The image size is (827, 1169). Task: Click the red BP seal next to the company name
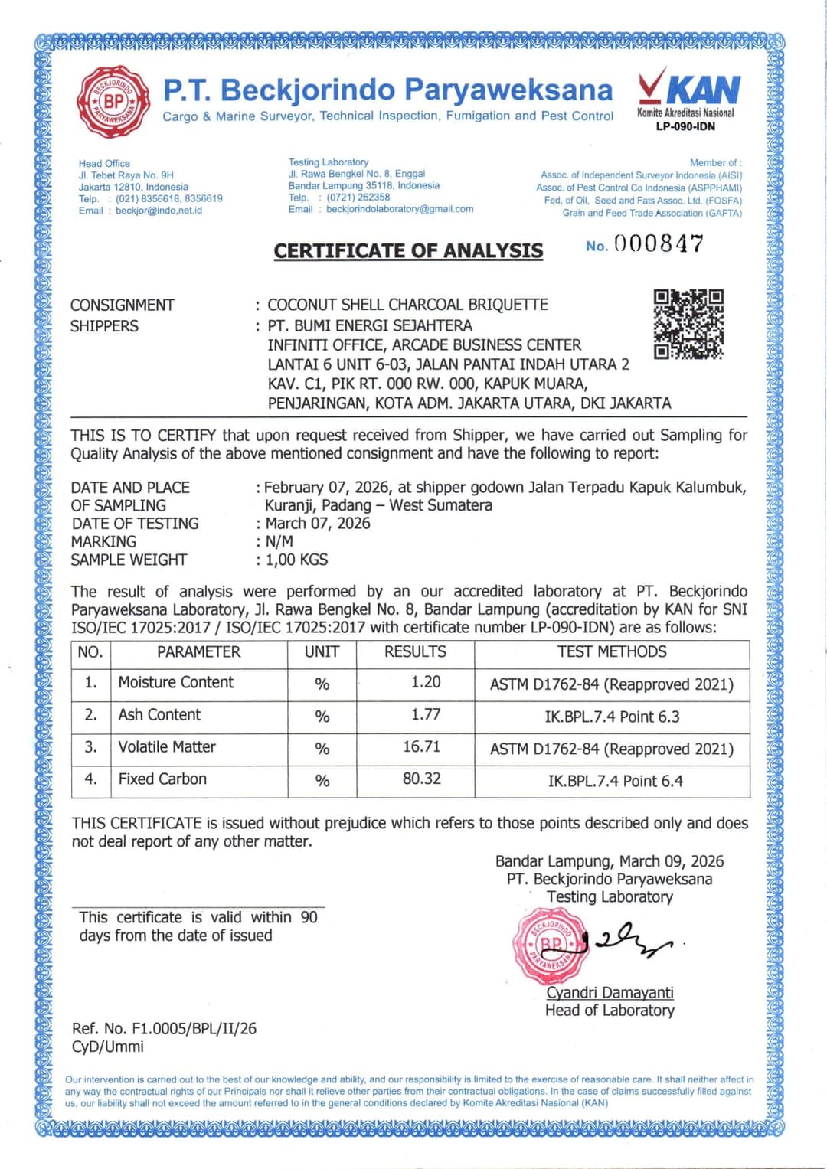click(113, 102)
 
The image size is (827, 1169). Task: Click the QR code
click(688, 324)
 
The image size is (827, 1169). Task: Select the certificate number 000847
click(659, 244)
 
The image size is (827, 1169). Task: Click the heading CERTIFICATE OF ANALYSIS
click(408, 251)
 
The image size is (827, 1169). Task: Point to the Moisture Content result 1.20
click(426, 682)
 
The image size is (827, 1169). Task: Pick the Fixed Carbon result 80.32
click(422, 779)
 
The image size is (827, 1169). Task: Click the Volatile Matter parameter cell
click(167, 746)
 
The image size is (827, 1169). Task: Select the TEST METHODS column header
click(611, 651)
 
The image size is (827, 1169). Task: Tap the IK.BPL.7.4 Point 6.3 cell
click(612, 717)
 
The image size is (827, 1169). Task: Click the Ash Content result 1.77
click(426, 714)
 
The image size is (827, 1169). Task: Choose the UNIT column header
click(322, 651)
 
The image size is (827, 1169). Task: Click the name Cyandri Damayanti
click(610, 992)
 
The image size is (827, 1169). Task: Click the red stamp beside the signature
click(550, 945)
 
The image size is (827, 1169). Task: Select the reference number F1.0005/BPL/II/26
click(194, 1028)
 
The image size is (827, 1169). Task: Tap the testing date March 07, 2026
click(318, 523)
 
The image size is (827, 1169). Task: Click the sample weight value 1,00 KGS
click(297, 560)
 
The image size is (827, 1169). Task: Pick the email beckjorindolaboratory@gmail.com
click(400, 209)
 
